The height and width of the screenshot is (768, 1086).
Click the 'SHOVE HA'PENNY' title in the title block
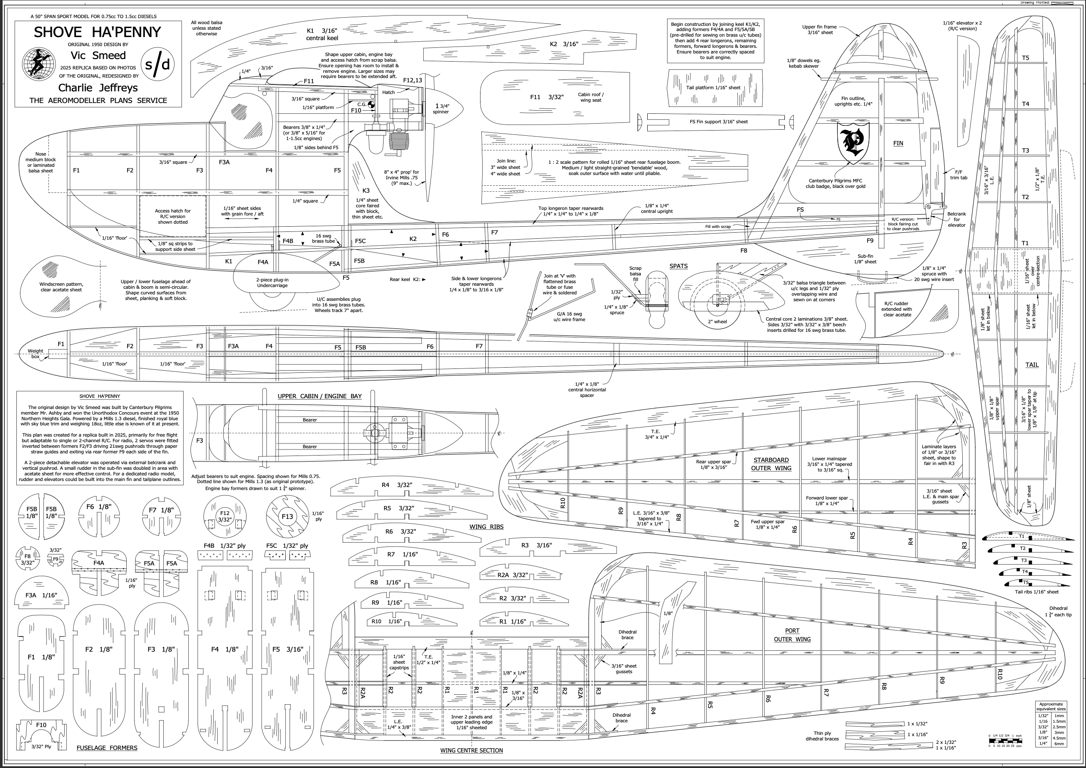tap(97, 32)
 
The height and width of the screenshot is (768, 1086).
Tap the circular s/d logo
tap(157, 64)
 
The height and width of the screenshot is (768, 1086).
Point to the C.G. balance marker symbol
tap(371, 105)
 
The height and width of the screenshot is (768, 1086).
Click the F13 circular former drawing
tap(287, 516)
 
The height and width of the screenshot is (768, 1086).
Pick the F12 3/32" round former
tap(225, 516)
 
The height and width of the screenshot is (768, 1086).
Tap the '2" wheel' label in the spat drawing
tap(717, 322)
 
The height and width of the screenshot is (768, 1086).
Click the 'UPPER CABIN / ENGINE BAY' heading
tap(319, 396)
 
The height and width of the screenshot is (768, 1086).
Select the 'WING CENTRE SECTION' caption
tap(471, 750)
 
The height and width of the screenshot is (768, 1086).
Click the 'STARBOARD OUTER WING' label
tap(771, 464)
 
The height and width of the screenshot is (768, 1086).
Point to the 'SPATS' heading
tap(678, 266)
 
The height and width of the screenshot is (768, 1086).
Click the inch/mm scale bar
tap(1005, 740)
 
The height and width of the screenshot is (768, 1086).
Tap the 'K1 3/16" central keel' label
tap(321, 34)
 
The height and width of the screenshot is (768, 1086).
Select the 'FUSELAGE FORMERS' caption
tap(107, 748)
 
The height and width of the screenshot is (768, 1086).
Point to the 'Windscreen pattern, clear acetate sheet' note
tap(61, 287)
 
